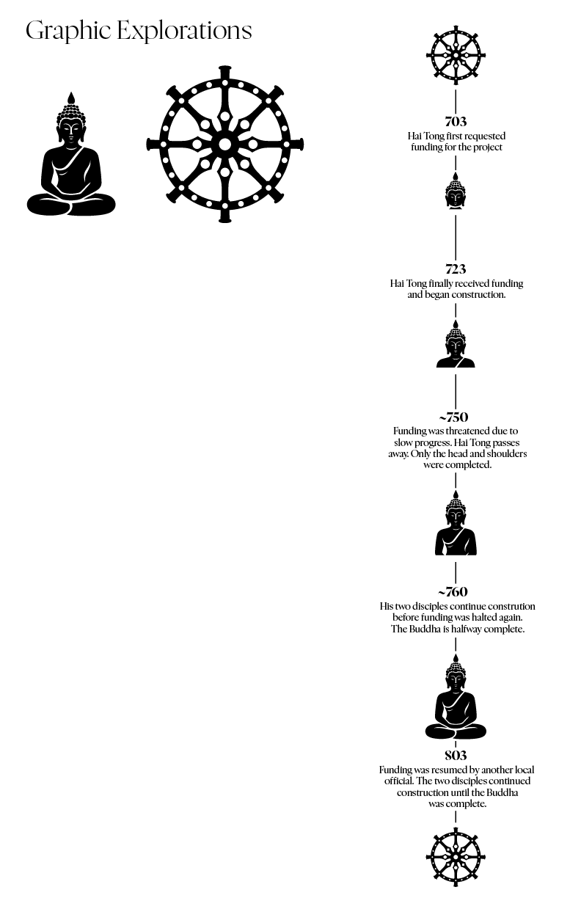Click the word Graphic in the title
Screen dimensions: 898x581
(67, 31)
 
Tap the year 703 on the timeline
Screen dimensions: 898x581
(456, 122)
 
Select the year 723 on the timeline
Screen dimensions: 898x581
(456, 269)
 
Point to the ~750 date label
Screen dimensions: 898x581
(456, 418)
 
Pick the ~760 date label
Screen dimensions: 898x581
(453, 592)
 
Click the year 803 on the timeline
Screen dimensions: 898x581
(456, 756)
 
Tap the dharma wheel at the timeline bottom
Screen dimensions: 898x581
(456, 857)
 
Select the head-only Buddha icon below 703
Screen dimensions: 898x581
(456, 192)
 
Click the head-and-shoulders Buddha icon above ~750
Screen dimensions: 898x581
(456, 346)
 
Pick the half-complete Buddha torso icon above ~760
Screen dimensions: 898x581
(456, 528)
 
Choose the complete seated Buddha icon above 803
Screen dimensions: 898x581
(456, 702)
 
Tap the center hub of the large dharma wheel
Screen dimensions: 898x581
(224, 144)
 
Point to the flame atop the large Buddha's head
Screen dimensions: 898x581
(71, 98)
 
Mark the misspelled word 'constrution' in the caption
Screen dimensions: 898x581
(510, 607)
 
